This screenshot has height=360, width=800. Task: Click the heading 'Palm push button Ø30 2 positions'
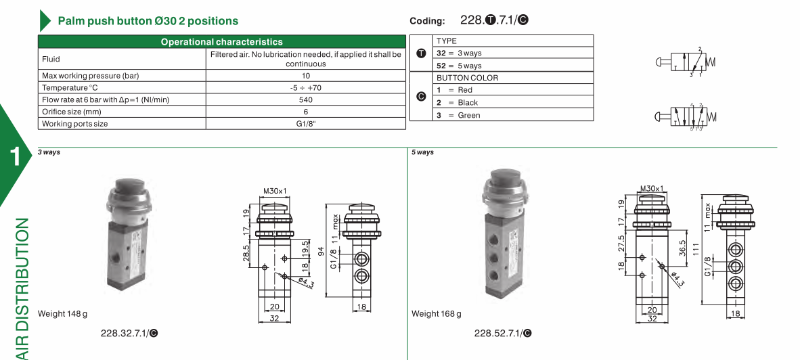click(148, 21)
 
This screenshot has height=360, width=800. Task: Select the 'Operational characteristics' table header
click(222, 42)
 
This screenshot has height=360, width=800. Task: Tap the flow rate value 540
click(306, 99)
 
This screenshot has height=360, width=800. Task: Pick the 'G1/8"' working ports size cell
click(306, 123)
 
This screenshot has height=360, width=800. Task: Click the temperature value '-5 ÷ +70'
click(306, 87)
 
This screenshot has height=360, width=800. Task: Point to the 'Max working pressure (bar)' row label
click(90, 76)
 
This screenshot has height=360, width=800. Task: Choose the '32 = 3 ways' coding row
click(459, 53)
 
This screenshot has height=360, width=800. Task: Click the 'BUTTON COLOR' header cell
click(468, 78)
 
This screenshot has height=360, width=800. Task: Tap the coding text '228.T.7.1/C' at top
click(494, 20)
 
